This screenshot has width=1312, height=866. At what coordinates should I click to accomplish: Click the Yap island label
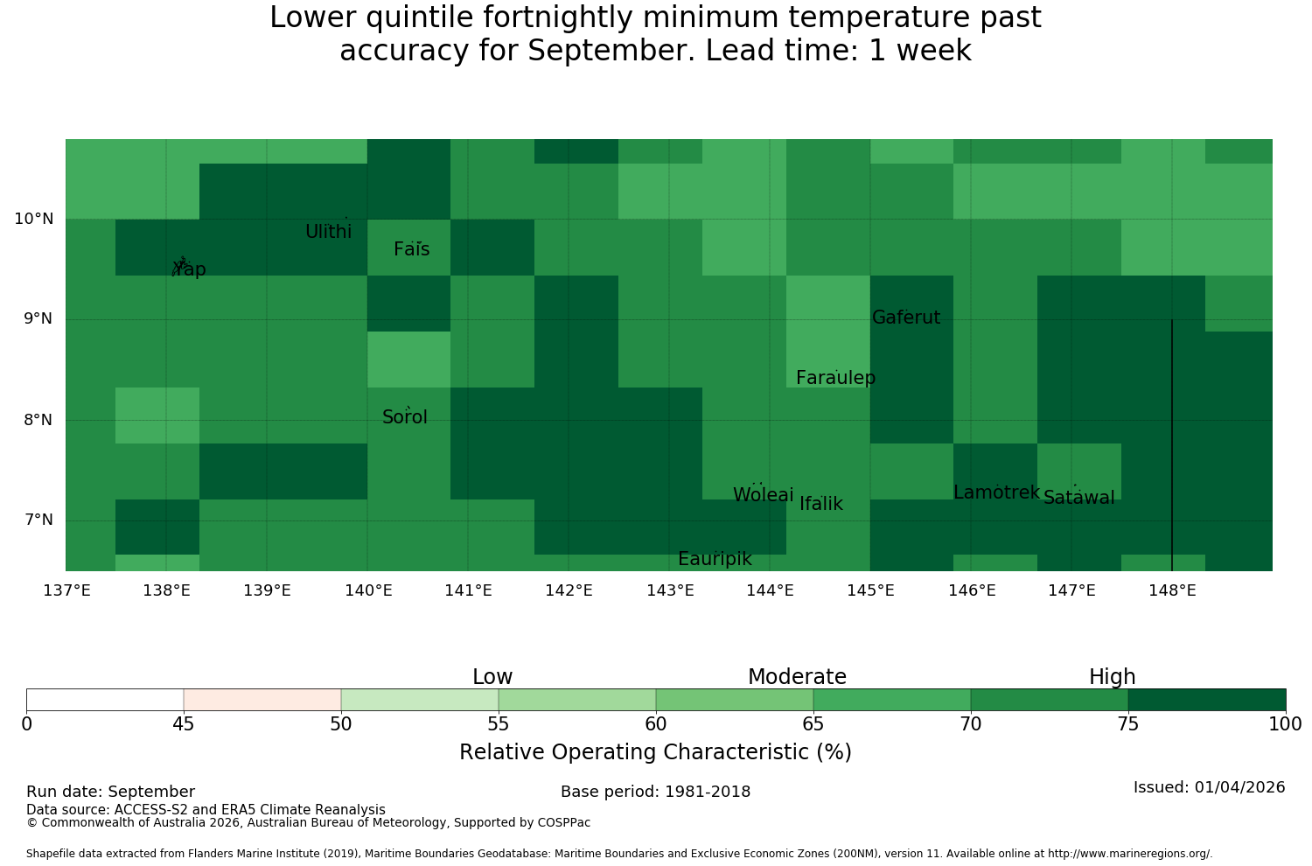189,269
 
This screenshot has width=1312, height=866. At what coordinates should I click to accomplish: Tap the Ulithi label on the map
329,232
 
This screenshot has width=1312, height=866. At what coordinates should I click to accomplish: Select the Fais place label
412,249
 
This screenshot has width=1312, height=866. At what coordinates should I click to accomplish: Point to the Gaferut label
906,317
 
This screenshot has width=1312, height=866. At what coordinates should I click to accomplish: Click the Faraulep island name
836,378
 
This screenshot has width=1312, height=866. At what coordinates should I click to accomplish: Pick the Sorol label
405,416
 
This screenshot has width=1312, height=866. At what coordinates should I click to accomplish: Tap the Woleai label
764,494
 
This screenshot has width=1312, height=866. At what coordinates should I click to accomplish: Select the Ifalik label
821,503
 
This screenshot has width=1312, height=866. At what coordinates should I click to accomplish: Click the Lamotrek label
997,492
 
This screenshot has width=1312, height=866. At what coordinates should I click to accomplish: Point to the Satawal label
1078,498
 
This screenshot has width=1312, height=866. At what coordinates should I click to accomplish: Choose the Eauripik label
715,559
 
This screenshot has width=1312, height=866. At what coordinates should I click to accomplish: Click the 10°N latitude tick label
34,219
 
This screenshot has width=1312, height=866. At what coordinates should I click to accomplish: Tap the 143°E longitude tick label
670,590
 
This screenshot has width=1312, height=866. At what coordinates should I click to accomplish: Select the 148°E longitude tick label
1172,590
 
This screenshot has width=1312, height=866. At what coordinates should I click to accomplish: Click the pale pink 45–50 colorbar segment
262,700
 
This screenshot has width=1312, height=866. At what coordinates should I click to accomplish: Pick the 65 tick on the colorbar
813,724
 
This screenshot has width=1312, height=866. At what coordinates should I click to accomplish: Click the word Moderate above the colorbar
797,677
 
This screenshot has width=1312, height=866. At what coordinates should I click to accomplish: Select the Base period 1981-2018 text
655,792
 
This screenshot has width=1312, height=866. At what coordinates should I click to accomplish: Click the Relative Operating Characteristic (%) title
655,751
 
